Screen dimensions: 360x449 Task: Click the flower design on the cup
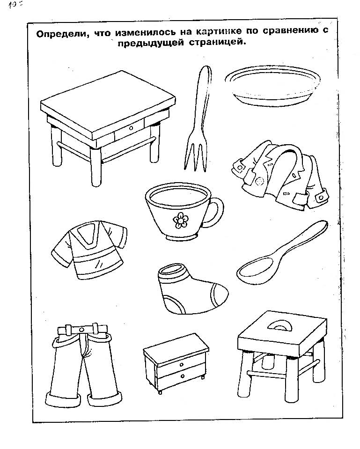point(180,220)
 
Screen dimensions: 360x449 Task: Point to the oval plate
point(272,85)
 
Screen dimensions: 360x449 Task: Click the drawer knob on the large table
point(131,128)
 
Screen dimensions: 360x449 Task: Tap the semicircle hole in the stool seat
point(281,326)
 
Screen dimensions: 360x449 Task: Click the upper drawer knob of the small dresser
point(182,365)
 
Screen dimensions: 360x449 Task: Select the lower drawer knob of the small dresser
point(183,376)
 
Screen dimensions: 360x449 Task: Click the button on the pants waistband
point(82,329)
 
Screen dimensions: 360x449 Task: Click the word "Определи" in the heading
point(61,34)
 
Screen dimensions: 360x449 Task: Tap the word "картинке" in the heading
point(219,31)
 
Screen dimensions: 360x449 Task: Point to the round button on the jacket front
point(260,181)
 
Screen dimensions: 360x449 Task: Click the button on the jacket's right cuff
point(321,197)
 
